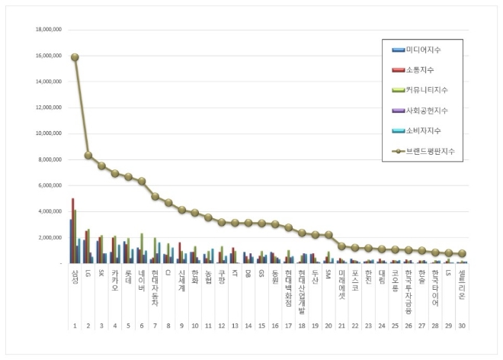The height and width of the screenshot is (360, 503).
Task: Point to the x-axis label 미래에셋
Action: click(342, 280)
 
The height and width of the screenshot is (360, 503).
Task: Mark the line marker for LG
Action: click(88, 156)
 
